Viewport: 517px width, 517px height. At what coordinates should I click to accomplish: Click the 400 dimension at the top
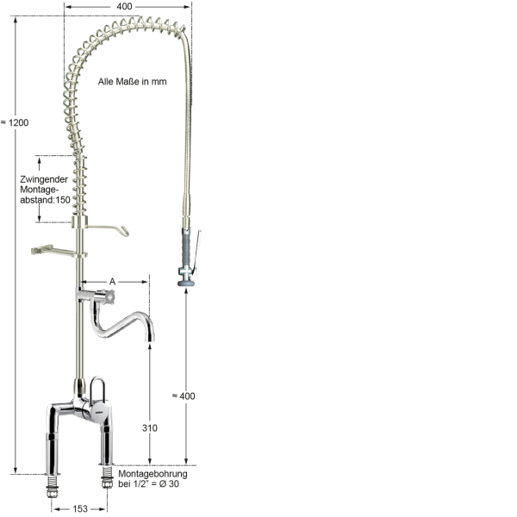pyautogui.click(x=126, y=7)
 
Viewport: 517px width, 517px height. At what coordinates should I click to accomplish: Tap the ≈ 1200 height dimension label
pyautogui.click(x=16, y=122)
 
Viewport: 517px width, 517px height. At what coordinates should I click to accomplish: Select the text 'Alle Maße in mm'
pyautogui.click(x=132, y=82)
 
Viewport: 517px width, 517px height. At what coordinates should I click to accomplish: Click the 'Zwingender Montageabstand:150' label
pyautogui.click(x=44, y=190)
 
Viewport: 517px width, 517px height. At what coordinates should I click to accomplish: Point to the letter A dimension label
pyautogui.click(x=112, y=281)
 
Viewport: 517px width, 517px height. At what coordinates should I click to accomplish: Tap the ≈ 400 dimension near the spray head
pyautogui.click(x=183, y=396)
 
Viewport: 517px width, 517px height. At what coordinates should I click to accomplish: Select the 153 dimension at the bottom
pyautogui.click(x=78, y=508)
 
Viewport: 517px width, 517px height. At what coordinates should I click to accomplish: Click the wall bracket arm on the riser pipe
pyautogui.click(x=52, y=251)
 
